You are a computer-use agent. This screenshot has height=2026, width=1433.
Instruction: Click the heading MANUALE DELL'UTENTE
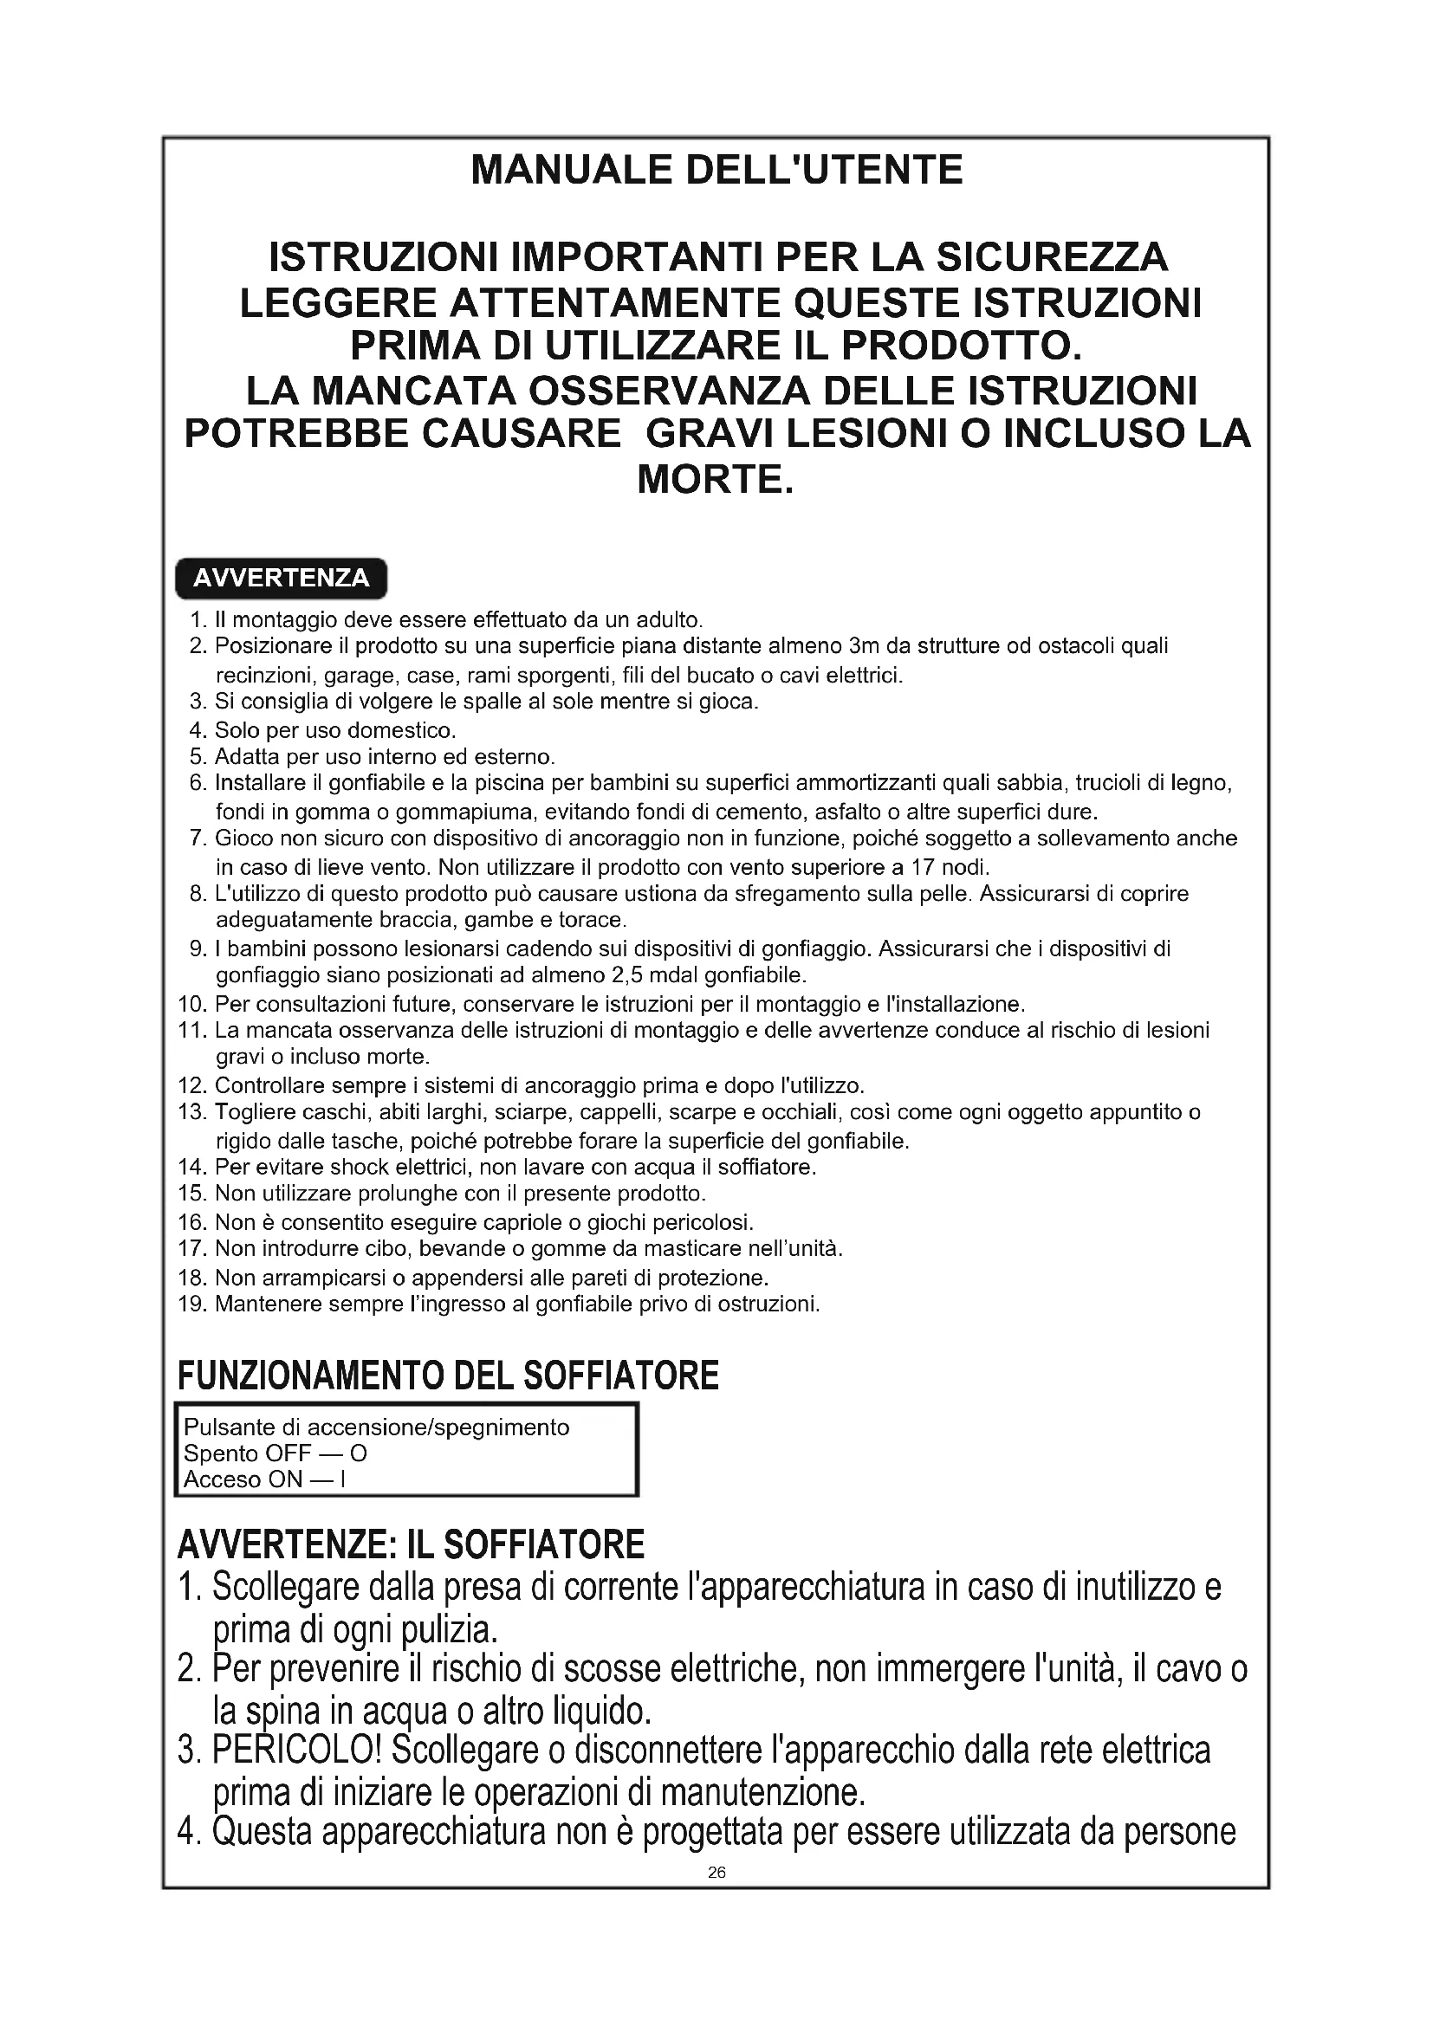pos(716,170)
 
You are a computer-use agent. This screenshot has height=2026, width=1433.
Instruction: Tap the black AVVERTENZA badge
pos(281,578)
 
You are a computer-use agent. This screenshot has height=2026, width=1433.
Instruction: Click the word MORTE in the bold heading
pos(716,479)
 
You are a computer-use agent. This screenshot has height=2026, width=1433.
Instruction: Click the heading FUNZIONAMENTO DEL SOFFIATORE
pos(448,1375)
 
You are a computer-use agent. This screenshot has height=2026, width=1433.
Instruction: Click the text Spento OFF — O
pos(275,1453)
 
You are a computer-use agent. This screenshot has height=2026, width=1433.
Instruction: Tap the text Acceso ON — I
pos(264,1479)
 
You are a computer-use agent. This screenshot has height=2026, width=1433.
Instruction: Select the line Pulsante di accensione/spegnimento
pos(376,1427)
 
